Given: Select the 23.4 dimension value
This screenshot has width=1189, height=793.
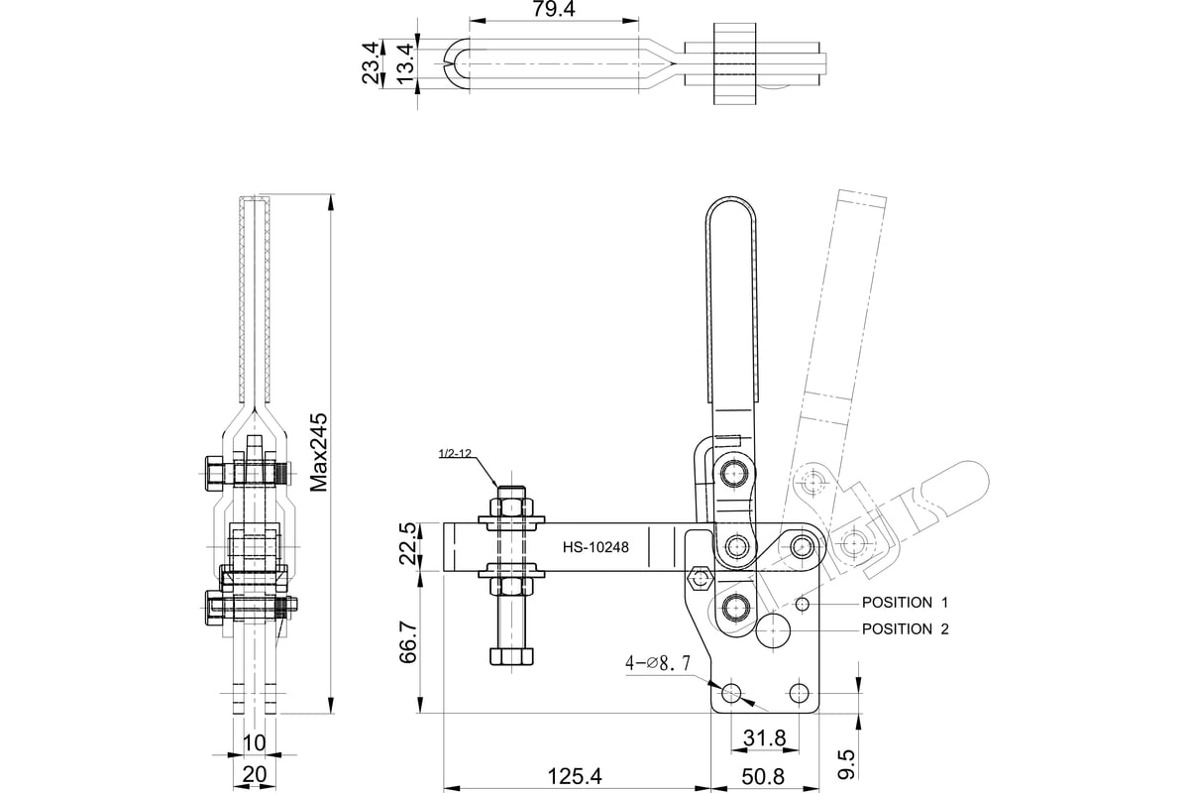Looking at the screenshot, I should [x=371, y=63].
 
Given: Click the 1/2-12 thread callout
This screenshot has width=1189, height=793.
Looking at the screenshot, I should [x=454, y=454].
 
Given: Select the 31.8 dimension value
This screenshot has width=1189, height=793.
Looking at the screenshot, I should [x=764, y=738].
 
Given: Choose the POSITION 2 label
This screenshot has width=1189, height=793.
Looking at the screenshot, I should [x=905, y=628].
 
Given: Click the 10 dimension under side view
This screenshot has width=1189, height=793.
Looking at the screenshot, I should [x=254, y=742].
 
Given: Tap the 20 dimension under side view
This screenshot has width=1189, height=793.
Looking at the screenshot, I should [x=254, y=774].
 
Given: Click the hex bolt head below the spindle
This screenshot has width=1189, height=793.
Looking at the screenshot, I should [x=512, y=656].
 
